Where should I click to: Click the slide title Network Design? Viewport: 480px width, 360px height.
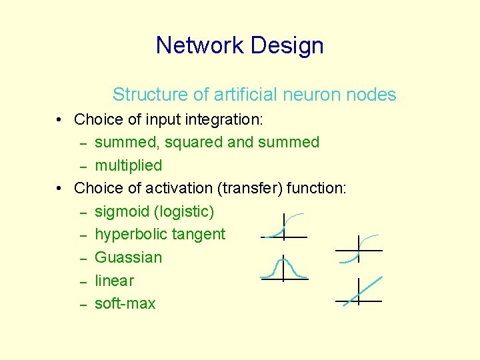(239, 45)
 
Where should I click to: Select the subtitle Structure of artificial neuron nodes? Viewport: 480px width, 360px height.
(254, 95)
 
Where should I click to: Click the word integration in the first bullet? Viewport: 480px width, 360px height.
(226, 120)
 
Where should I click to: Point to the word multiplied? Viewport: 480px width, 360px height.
(128, 165)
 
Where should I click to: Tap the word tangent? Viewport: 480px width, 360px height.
(199, 235)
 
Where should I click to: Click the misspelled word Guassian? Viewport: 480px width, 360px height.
(128, 257)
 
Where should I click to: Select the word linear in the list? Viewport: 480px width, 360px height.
(114, 281)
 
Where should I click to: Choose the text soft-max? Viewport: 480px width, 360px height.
(125, 303)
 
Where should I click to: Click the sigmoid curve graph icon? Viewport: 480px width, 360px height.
(284, 227)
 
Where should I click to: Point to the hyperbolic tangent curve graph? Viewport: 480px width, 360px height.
(359, 249)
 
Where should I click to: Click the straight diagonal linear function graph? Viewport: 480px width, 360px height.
(359, 291)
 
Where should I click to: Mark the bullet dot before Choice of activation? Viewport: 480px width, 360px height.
(60, 189)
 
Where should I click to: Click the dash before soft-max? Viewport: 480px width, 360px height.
(84, 304)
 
